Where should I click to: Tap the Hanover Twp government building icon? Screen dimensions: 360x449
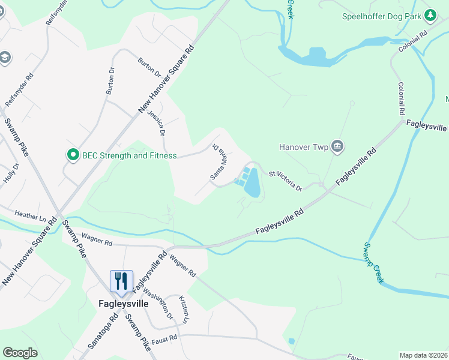tap(337, 146)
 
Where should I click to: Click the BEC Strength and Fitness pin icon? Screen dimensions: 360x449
tap(73, 155)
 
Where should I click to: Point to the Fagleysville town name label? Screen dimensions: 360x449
tap(123, 304)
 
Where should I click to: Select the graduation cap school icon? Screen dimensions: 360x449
tap(4, 58)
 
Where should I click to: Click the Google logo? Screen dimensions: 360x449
tap(20, 353)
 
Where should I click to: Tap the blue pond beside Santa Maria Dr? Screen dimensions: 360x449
tap(253, 183)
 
